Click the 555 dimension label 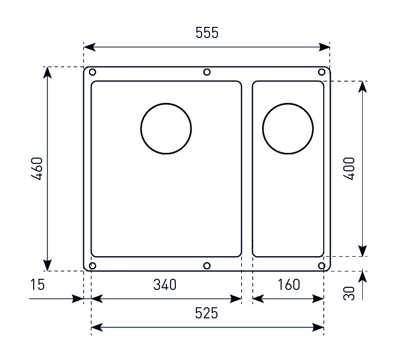[207, 33]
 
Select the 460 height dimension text [37, 169]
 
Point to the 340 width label [165, 285]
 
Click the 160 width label [288, 285]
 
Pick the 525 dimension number [206, 313]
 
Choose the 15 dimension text [37, 285]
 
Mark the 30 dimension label [349, 294]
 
